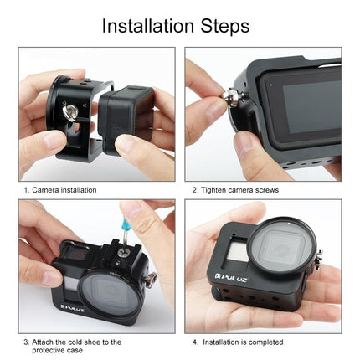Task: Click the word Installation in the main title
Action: tap(151, 26)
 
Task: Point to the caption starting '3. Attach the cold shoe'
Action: tap(71, 342)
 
